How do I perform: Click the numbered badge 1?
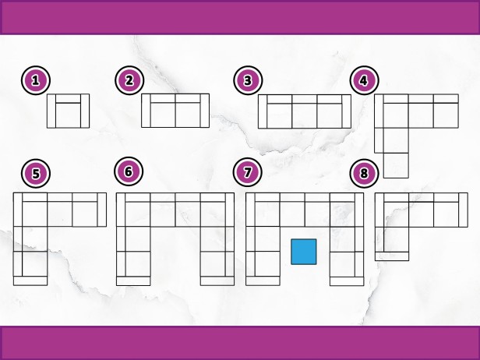point(36,80)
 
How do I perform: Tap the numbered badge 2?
point(129,80)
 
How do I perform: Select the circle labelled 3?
point(248,80)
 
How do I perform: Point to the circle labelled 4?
point(365,80)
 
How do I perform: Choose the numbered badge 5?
point(36,173)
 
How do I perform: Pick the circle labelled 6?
point(129,171)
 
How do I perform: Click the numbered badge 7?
point(247,172)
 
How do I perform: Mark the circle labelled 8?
point(365,173)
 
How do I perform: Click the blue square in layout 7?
point(304,252)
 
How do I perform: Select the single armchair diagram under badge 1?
point(68,111)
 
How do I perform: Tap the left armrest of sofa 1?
point(51,111)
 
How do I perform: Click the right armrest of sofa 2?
point(205,111)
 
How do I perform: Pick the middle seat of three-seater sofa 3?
point(305,115)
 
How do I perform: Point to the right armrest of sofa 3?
point(347,111)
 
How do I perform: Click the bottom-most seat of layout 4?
point(396,165)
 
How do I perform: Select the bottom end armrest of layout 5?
point(30,281)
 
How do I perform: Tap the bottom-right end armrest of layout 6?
point(217,281)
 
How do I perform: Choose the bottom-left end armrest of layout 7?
point(263,281)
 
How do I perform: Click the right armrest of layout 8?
point(464,210)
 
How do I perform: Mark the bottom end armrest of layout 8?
point(392,256)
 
